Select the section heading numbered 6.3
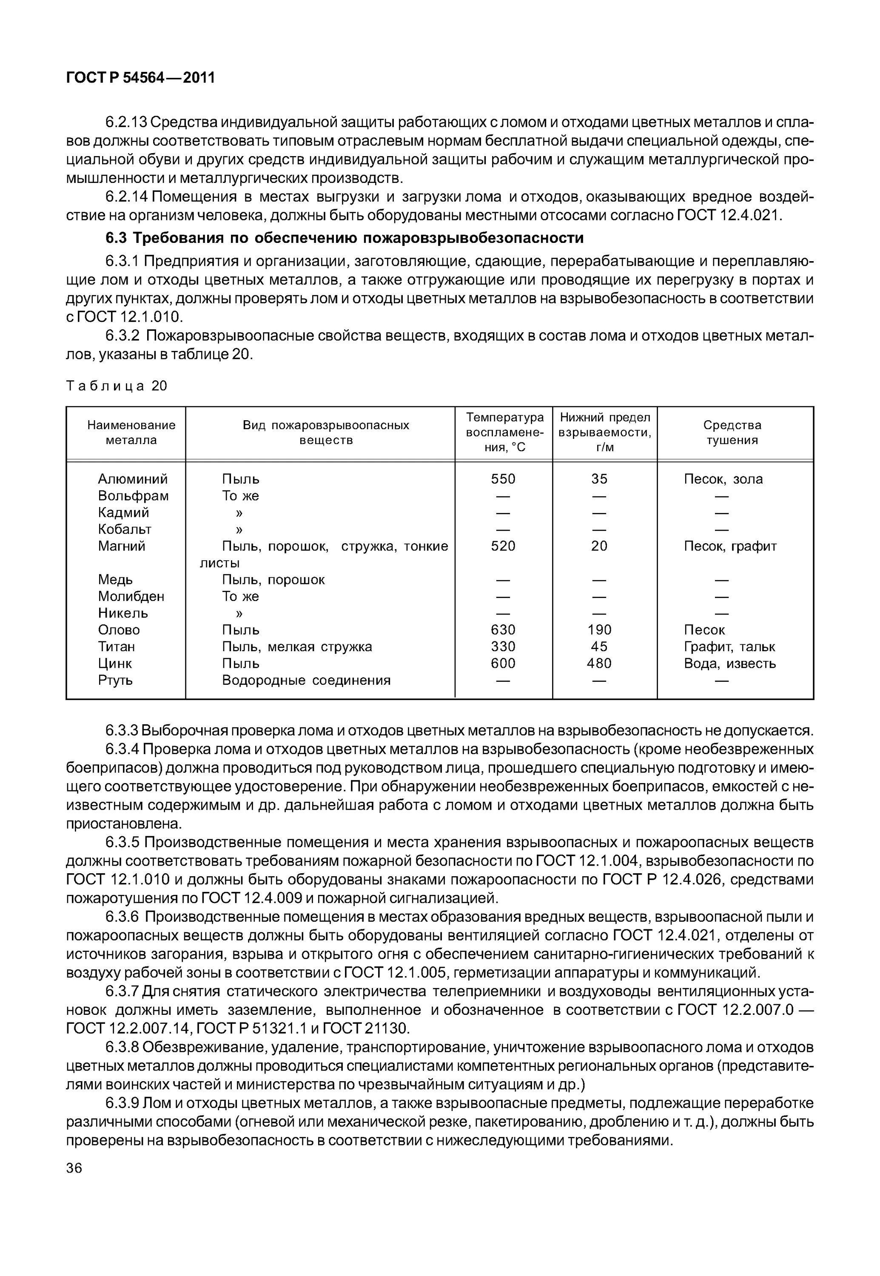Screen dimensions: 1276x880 click(344, 238)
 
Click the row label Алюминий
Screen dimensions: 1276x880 click(132, 479)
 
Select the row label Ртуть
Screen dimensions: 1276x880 click(115, 681)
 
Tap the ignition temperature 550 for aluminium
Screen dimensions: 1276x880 click(503, 479)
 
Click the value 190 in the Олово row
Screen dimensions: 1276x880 click(599, 630)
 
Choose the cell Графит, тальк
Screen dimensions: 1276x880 click(729, 647)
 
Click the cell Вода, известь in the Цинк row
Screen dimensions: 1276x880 click(729, 664)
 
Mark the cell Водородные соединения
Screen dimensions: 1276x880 click(306, 681)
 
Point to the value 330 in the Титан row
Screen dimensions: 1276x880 click(503, 647)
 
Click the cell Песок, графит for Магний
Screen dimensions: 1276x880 click(730, 547)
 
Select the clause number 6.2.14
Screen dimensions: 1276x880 click(126, 197)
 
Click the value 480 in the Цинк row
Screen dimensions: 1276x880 click(599, 664)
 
